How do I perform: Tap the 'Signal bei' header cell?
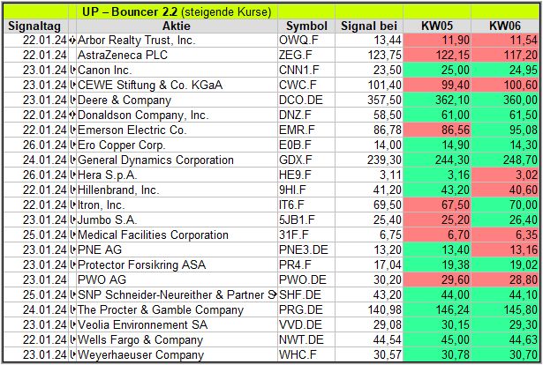pyautogui.click(x=369, y=26)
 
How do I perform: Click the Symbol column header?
pyautogui.click(x=306, y=26)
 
